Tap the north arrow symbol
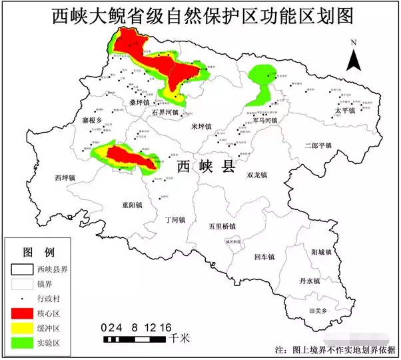(355, 57)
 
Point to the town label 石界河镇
(165, 113)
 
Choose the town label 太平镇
(345, 111)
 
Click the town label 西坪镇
(65, 178)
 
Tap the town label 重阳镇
(132, 205)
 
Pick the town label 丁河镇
(175, 219)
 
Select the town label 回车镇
(264, 256)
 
